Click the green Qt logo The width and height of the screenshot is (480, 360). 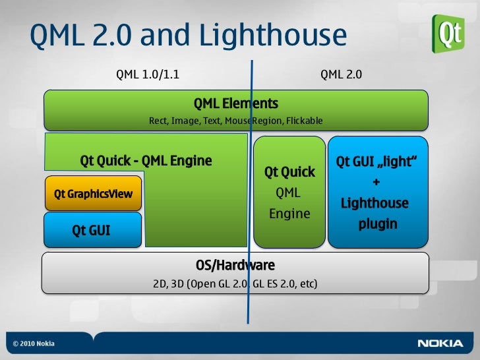tap(448, 33)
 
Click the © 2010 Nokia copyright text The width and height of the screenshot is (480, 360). tap(34, 344)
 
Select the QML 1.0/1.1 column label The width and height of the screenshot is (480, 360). tap(148, 75)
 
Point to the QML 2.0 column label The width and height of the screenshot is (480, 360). tap(341, 75)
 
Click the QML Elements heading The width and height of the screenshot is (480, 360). tap(235, 104)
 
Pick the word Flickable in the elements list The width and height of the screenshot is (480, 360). tap(304, 121)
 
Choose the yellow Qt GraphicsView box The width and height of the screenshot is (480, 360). tap(93, 194)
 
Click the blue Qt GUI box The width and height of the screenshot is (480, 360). tap(93, 230)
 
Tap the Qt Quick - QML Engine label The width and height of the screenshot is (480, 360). tap(146, 160)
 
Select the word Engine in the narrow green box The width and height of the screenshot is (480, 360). tap(289, 214)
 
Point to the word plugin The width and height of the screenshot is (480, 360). tap(377, 224)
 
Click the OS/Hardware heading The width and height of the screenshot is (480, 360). tap(235, 265)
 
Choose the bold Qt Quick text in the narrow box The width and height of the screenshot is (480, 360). tap(289, 172)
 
